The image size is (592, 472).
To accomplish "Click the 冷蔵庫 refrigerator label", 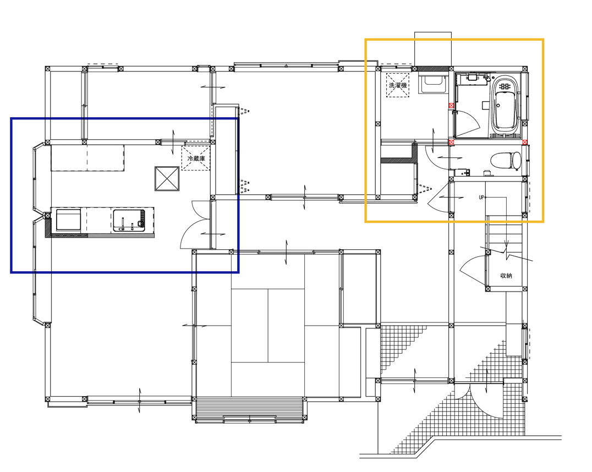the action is (196, 158).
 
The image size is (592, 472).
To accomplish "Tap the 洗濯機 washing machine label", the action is (398, 85).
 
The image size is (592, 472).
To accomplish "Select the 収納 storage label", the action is (506, 276).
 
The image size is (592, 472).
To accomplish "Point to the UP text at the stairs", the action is (481, 197).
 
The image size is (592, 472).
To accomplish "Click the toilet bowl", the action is (506, 160).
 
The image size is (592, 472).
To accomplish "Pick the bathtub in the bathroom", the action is (506, 106).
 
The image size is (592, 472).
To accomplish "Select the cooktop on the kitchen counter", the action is (68, 220).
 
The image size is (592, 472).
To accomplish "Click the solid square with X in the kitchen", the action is (167, 179).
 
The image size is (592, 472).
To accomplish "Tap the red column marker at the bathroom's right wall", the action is (525, 142).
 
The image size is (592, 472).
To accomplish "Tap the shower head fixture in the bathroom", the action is (487, 78).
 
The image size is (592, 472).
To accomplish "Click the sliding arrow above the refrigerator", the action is (173, 142).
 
